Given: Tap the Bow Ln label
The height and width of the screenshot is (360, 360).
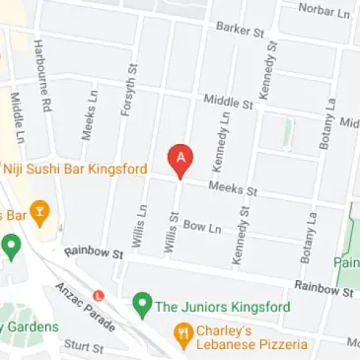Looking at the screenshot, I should point(203,227).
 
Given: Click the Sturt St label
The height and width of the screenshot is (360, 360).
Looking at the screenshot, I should point(83,346).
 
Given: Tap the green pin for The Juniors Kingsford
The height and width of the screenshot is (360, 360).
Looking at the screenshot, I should point(142,305).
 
